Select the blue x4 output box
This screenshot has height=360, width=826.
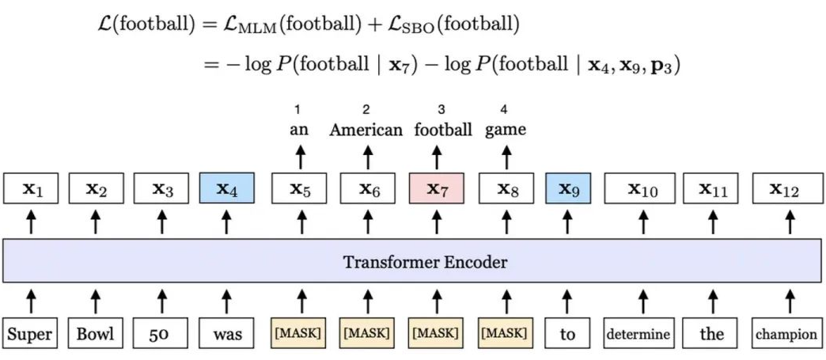[226, 190]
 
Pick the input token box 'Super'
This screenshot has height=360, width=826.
[30, 334]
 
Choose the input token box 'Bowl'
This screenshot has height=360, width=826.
[95, 334]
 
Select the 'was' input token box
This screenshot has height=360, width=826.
[227, 334]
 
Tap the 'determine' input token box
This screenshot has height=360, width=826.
[638, 334]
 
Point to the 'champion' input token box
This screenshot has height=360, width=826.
[786, 334]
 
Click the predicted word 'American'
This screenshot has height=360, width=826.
[366, 130]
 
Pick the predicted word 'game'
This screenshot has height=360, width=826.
[505, 130]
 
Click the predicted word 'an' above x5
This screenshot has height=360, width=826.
[299, 130]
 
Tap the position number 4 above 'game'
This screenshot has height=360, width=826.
[504, 108]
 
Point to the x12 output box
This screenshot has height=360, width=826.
[786, 190]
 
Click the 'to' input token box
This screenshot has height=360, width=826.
[567, 334]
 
